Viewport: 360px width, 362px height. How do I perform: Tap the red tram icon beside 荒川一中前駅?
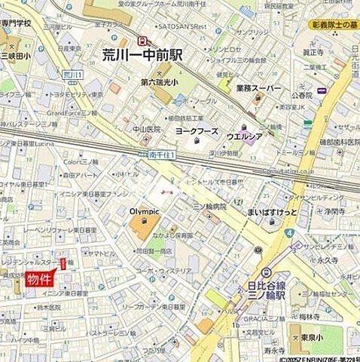[x=140, y=41]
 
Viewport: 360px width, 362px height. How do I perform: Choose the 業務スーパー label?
[x=258, y=89]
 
